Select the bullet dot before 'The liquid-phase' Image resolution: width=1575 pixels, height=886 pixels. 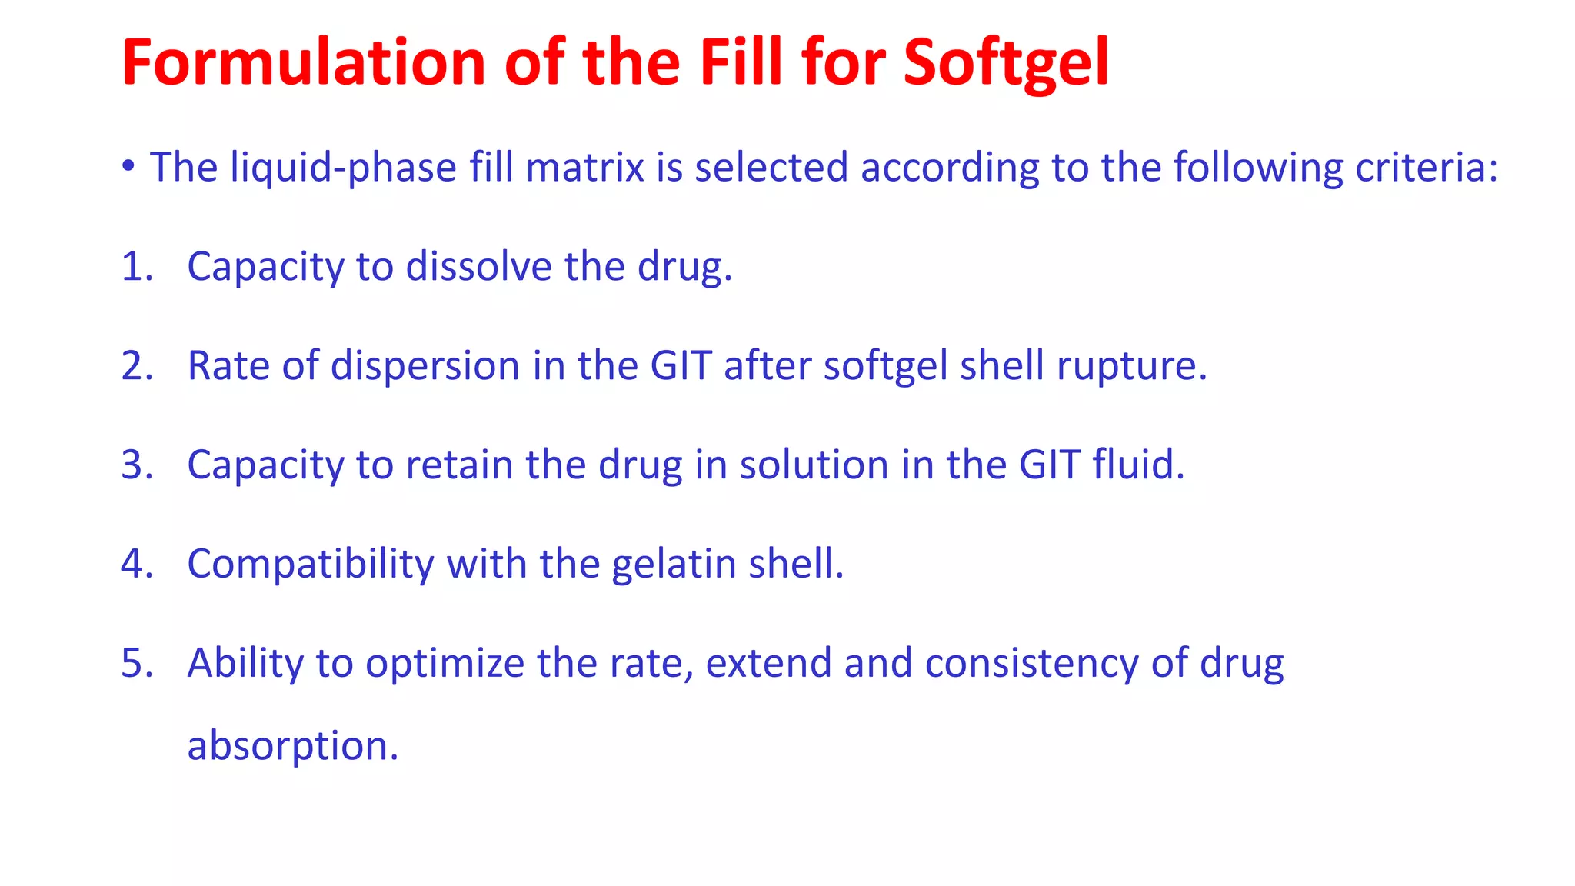pos(128,165)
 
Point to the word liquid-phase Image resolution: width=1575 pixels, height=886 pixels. pos(344,168)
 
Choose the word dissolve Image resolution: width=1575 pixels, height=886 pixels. pos(478,267)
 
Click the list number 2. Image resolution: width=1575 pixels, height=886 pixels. pos(136,365)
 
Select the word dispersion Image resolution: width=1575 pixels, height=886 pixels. pos(425,367)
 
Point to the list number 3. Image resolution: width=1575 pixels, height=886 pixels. pos(136,465)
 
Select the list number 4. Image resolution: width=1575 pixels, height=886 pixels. pos(136,564)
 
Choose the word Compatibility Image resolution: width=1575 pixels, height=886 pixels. pos(311,565)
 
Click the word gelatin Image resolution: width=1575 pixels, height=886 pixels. pos(674,565)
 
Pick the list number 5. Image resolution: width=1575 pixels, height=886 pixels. pos(136,663)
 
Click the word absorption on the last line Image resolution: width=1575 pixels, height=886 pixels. pos(292,747)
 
